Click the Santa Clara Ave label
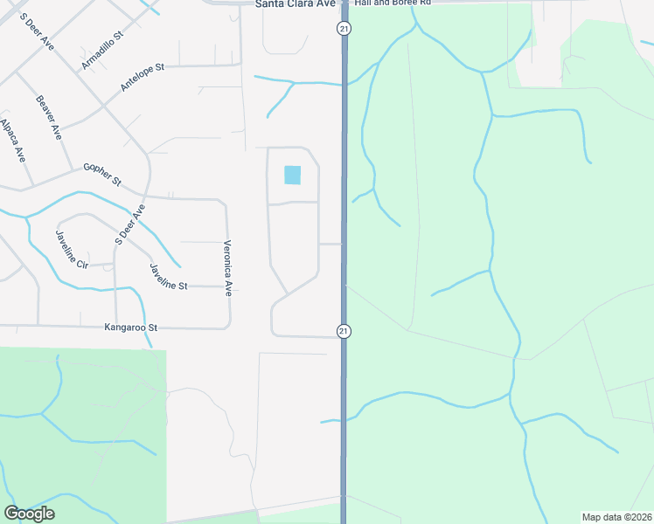click(x=296, y=4)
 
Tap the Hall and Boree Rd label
click(x=395, y=3)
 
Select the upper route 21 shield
click(x=344, y=29)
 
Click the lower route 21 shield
click(x=344, y=331)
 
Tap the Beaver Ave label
click(x=49, y=118)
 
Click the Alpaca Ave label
click(x=13, y=141)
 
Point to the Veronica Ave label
click(x=228, y=268)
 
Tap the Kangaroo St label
click(x=130, y=327)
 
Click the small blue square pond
click(x=292, y=175)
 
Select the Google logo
click(x=29, y=514)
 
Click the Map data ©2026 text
click(x=617, y=517)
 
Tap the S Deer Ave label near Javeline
click(x=129, y=225)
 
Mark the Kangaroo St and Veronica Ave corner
click(x=229, y=327)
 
